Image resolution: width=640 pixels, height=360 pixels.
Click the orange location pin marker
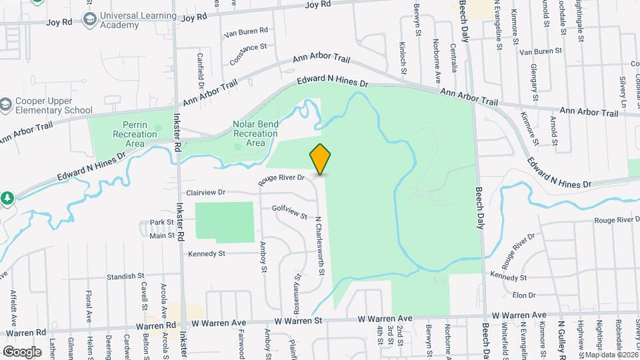(x=320, y=159)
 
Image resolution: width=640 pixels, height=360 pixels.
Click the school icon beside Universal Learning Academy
(x=89, y=20)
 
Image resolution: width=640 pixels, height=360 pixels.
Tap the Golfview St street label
(x=289, y=212)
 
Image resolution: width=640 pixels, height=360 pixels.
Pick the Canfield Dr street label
(x=200, y=71)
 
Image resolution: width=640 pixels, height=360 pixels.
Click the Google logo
(x=22, y=351)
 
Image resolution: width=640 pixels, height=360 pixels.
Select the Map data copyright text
(x=609, y=355)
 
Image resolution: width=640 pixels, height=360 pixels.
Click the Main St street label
(x=162, y=235)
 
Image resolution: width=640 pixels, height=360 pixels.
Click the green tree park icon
(x=7, y=198)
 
